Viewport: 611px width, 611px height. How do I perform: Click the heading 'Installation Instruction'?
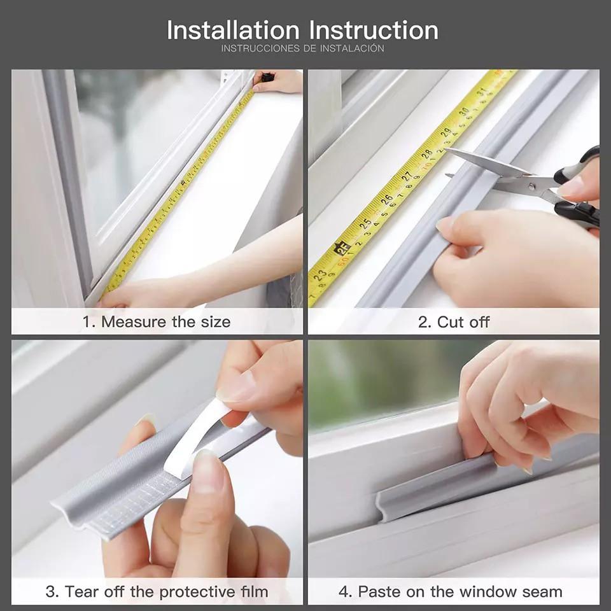302,31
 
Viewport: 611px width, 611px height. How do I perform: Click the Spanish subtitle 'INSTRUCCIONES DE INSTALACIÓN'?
302,48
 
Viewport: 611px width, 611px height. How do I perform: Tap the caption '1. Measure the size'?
156,321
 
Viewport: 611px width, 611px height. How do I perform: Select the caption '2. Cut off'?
454,321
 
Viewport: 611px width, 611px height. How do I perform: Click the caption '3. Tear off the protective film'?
157,591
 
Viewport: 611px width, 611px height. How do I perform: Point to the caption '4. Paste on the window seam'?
451,591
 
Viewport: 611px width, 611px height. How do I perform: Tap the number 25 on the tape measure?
365,223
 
